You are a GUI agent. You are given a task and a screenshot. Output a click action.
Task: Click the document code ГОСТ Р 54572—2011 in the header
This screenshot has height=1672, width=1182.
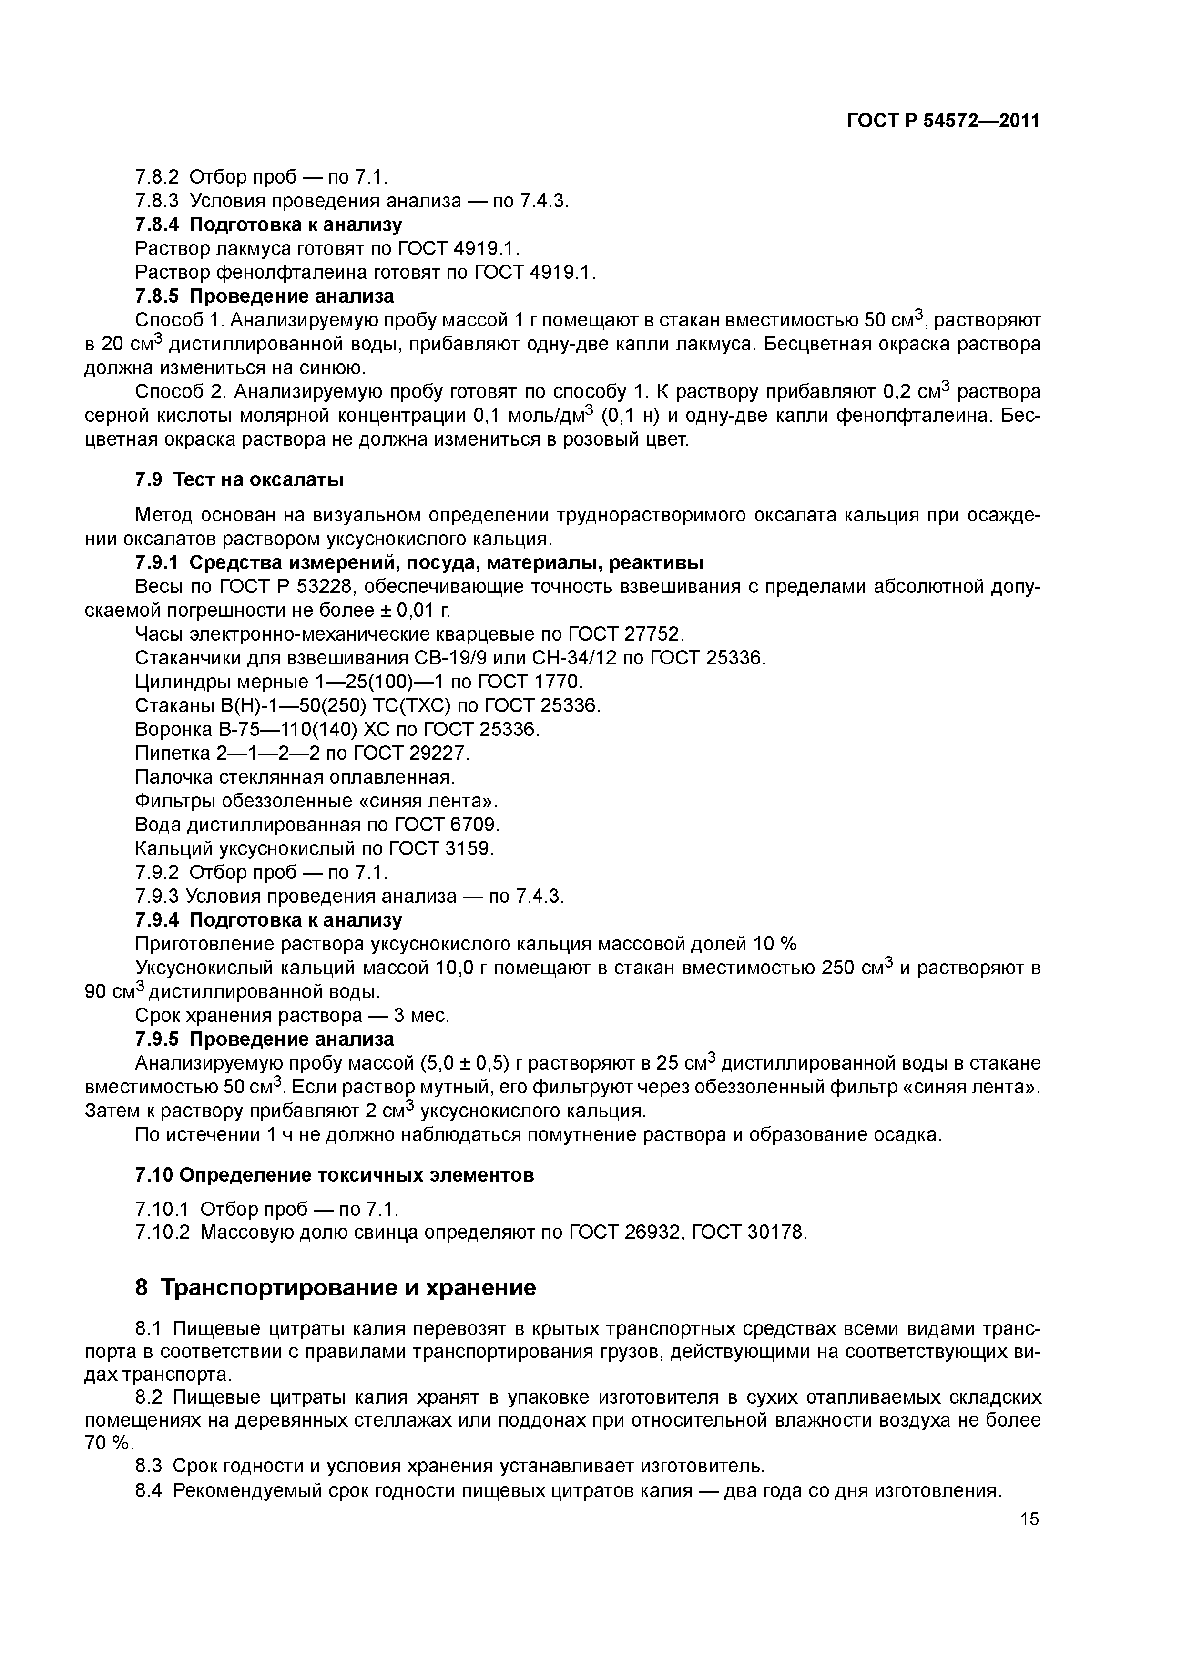coord(942,121)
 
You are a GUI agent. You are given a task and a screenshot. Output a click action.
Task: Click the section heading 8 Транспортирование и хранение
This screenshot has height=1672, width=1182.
coord(336,1288)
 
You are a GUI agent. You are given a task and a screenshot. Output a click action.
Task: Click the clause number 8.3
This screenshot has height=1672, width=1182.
coord(151,1466)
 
